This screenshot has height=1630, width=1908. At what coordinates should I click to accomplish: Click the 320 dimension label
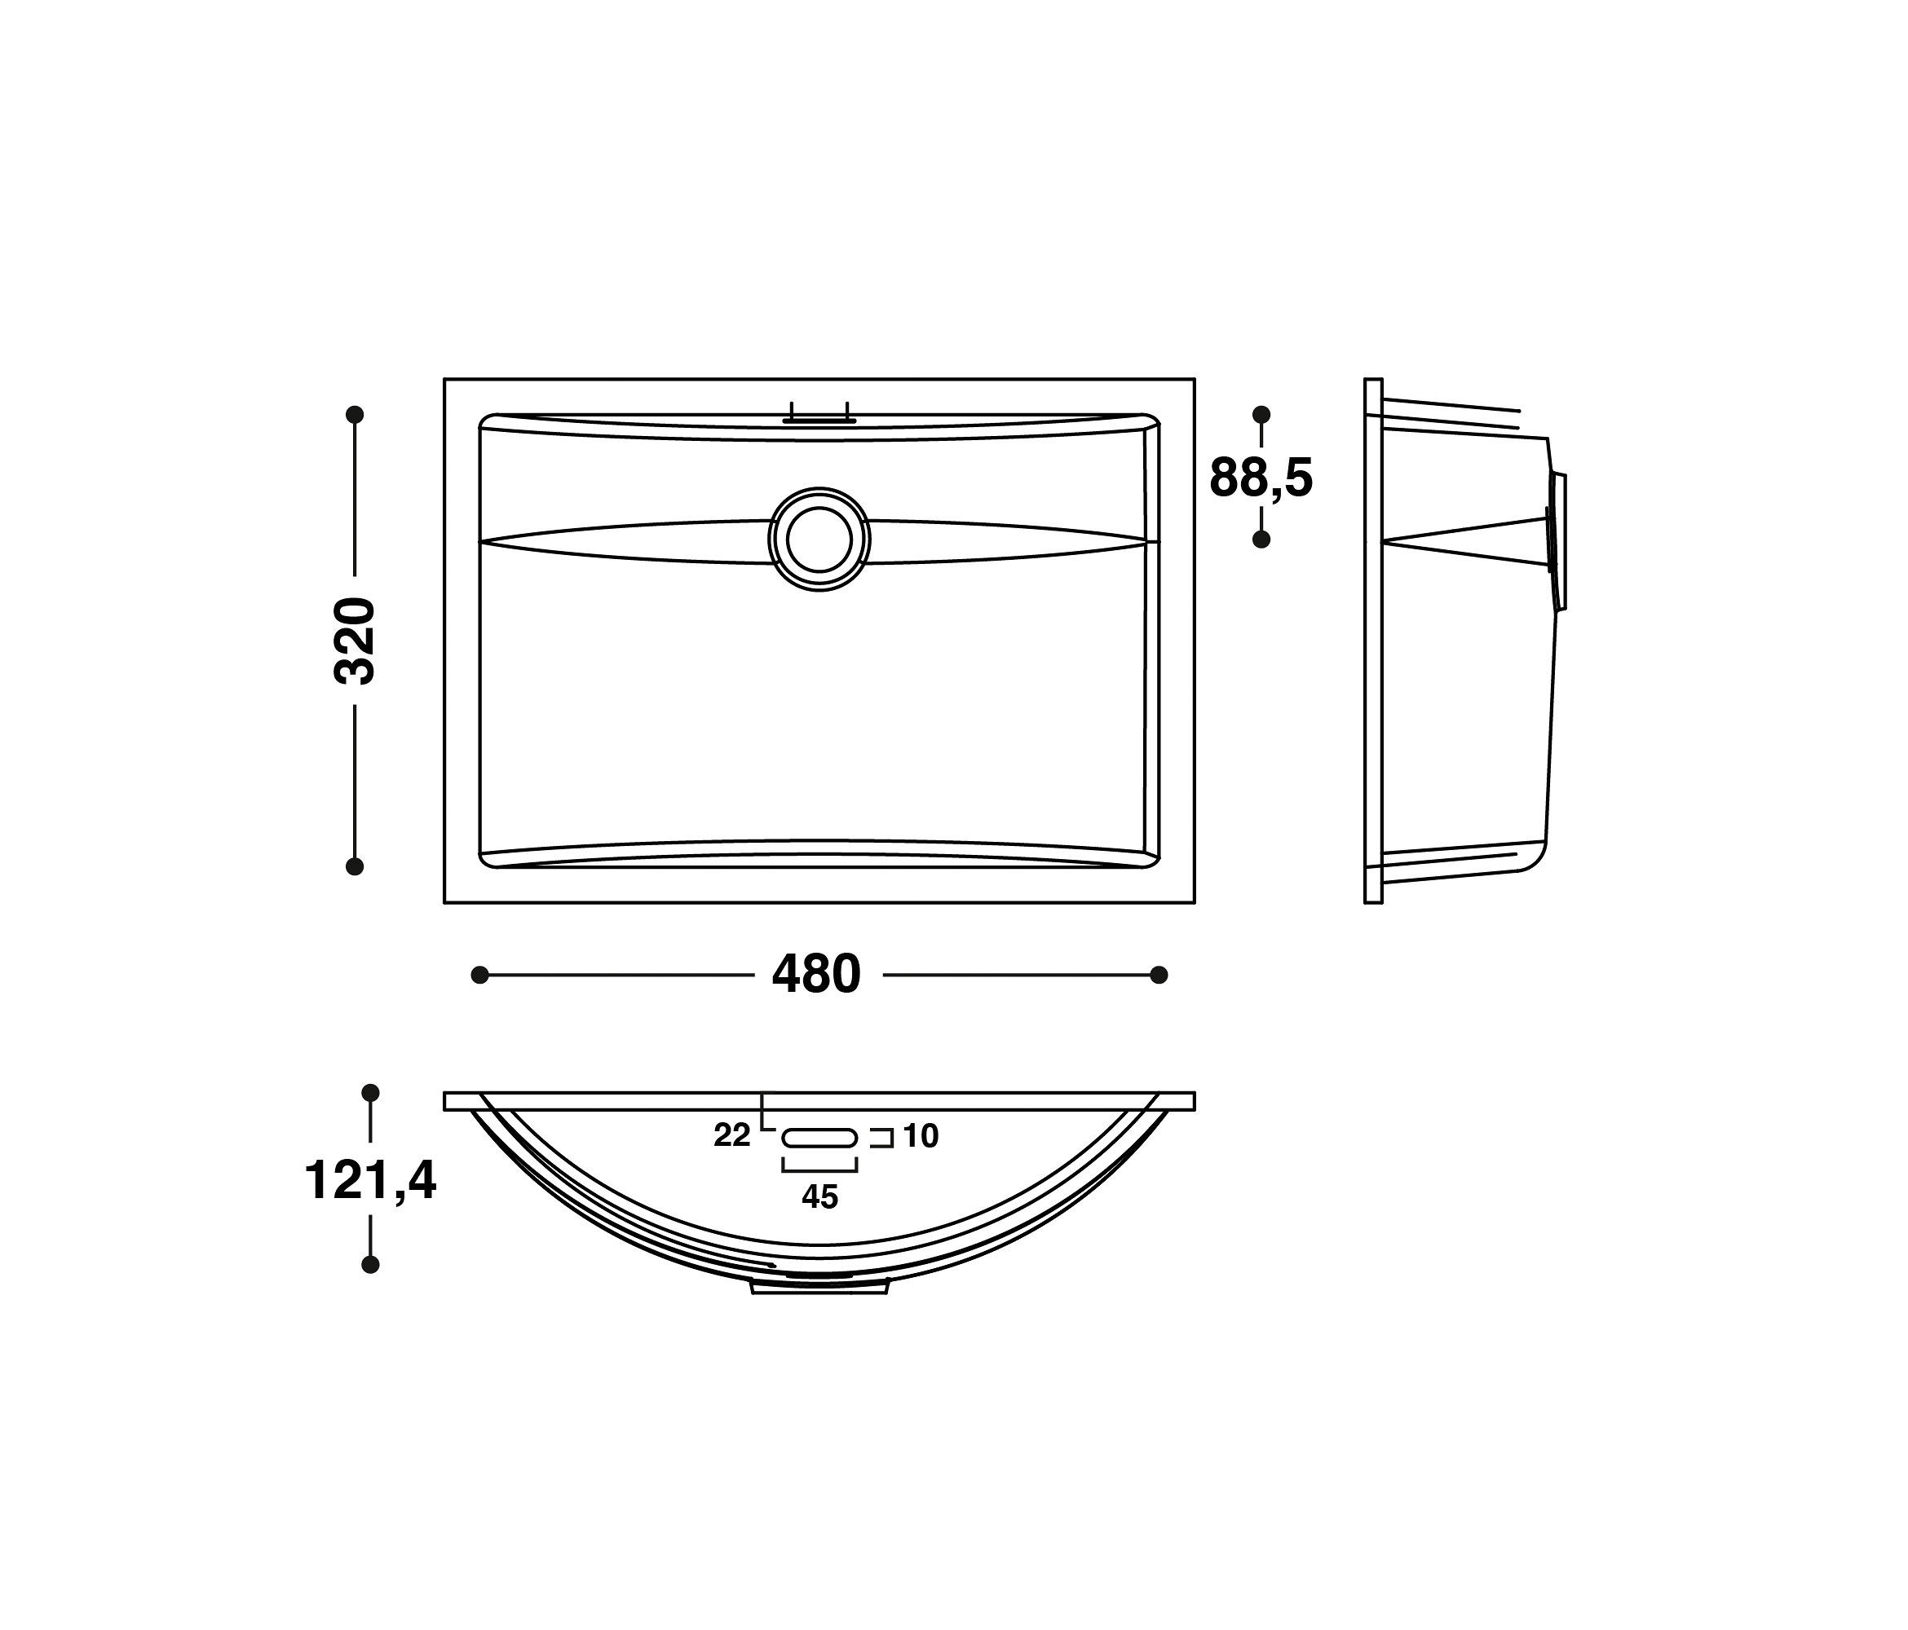click(x=355, y=641)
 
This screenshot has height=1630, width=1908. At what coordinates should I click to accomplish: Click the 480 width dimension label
click(x=816, y=975)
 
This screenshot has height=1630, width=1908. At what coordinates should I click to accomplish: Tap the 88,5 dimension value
click(x=1261, y=478)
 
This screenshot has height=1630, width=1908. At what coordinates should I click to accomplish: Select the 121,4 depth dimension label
click(x=370, y=1181)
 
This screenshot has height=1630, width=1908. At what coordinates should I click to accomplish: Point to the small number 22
click(x=732, y=1137)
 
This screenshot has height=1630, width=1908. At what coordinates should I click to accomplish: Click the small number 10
click(x=920, y=1137)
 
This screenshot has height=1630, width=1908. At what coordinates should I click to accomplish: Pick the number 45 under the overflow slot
click(x=819, y=1196)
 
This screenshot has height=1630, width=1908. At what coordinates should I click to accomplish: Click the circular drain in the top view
click(x=819, y=540)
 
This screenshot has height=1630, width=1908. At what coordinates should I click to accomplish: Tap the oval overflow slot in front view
click(x=819, y=1139)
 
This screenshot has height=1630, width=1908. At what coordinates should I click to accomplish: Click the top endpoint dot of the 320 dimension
click(x=355, y=415)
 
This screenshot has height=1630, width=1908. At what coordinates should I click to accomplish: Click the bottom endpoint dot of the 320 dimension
click(x=355, y=866)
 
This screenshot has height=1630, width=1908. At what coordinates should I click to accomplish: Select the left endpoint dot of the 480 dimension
click(x=479, y=975)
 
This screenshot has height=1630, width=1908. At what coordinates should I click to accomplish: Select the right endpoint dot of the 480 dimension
click(x=1159, y=975)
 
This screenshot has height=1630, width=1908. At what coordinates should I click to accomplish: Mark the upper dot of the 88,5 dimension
click(x=1261, y=415)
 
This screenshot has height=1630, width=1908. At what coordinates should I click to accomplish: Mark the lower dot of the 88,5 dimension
click(x=1261, y=540)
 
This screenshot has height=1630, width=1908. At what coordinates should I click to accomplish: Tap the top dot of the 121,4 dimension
click(x=370, y=1092)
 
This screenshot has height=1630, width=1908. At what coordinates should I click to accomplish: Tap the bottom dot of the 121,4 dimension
click(x=370, y=1265)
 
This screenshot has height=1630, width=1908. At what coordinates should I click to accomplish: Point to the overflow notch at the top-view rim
click(x=819, y=418)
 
